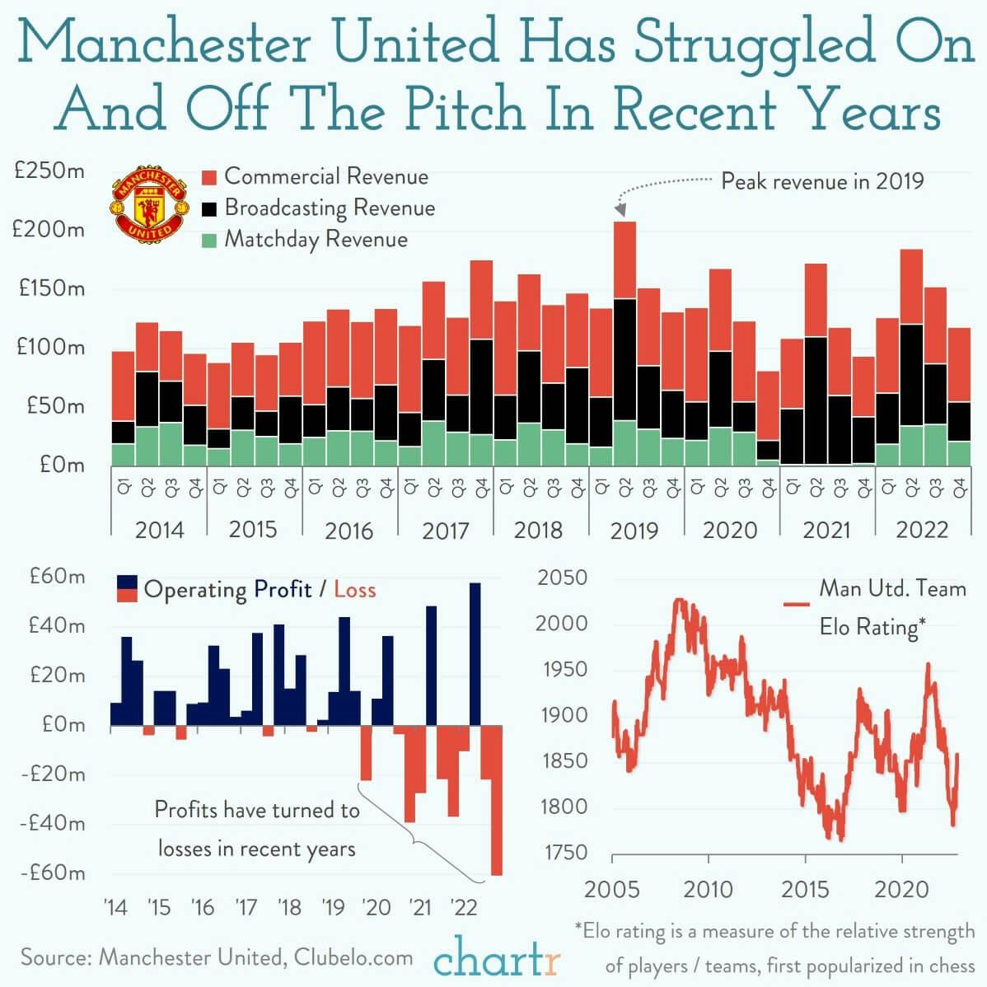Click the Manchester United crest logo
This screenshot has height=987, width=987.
pos(149,205)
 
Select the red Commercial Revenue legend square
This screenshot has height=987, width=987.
pos(209,177)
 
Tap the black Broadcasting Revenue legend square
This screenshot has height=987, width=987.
pos(209,208)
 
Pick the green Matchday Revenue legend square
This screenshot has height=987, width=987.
pos(209,240)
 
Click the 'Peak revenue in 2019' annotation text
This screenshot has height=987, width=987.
pos(822,180)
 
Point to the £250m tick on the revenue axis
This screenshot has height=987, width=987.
pos(49,172)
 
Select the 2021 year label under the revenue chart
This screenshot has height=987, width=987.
pos(826,530)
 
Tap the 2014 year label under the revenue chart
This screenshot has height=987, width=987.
pos(159,530)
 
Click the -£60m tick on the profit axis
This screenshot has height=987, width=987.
pos(52,872)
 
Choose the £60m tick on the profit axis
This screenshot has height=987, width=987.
pos(57,576)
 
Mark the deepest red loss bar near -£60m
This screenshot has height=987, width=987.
pos(496,824)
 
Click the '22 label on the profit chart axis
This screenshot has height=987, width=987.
pos(464,907)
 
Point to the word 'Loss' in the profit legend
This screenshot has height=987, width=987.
pos(354,590)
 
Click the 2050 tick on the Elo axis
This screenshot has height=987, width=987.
pos(563,578)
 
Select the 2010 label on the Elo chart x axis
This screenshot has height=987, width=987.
pos(709,890)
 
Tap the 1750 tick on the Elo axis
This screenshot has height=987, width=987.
pos(564,853)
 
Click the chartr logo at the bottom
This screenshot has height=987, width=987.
pos(497,959)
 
